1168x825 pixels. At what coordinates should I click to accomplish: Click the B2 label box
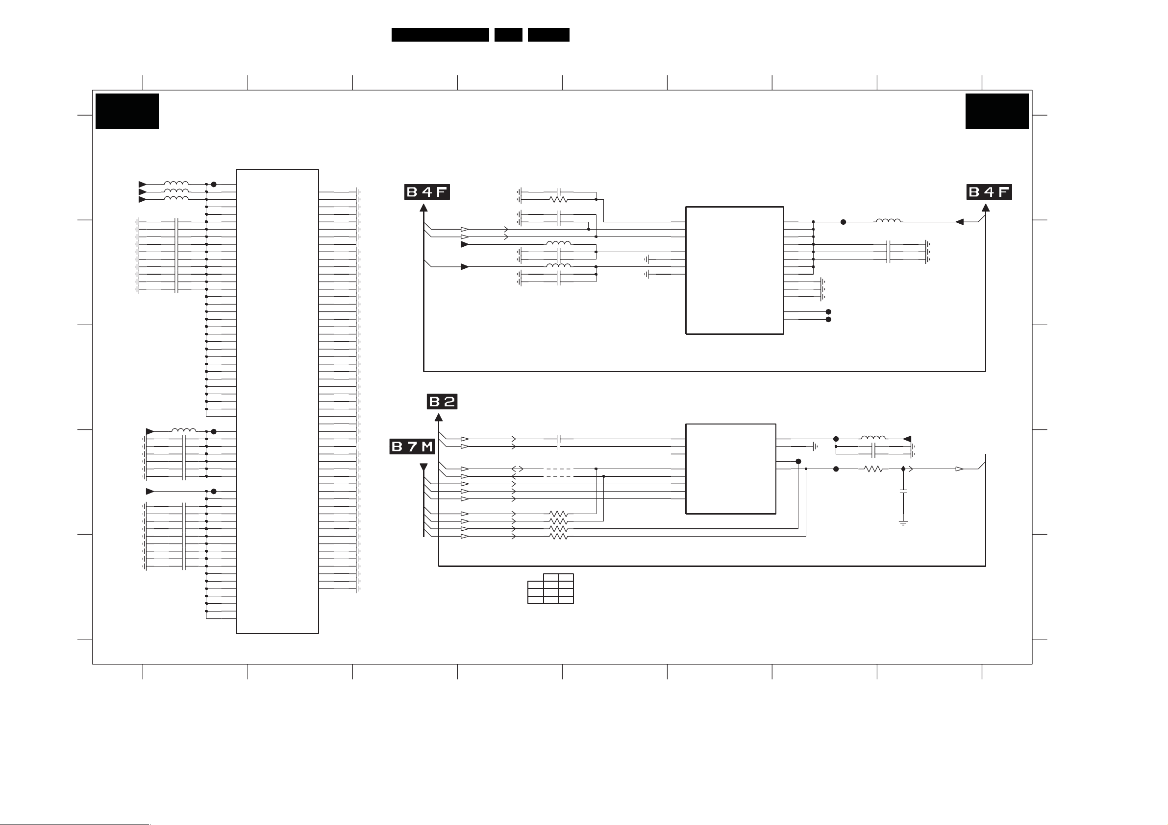click(x=442, y=401)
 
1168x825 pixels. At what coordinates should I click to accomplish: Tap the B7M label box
click(x=412, y=447)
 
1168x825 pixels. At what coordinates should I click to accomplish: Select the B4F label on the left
click(x=427, y=191)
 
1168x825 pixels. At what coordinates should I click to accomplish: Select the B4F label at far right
click(x=989, y=191)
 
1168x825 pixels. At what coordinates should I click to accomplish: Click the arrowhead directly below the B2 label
click(x=439, y=417)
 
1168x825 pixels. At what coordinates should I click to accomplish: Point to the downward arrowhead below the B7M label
click(x=423, y=467)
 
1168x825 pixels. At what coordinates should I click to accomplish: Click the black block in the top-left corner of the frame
click(x=127, y=111)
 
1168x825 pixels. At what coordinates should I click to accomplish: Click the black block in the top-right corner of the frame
click(x=996, y=111)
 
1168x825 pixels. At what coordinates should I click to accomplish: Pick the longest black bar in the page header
click(x=440, y=35)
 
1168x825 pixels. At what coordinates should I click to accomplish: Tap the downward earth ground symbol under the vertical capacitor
click(x=903, y=522)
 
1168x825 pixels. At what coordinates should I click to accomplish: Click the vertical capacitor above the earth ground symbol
click(x=903, y=492)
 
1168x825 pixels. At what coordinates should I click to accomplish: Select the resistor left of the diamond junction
click(x=873, y=469)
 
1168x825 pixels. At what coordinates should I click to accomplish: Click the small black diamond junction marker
click(x=903, y=469)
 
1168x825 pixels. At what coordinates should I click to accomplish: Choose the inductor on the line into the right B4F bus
click(x=888, y=221)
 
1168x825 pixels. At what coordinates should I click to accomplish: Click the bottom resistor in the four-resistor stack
click(x=558, y=536)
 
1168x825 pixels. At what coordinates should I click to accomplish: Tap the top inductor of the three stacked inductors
click(x=176, y=184)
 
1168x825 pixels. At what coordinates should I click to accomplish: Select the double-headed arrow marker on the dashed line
click(x=518, y=469)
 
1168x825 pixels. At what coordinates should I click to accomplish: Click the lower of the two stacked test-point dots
click(x=828, y=320)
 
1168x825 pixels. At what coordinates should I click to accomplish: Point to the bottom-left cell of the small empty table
click(x=535, y=600)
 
